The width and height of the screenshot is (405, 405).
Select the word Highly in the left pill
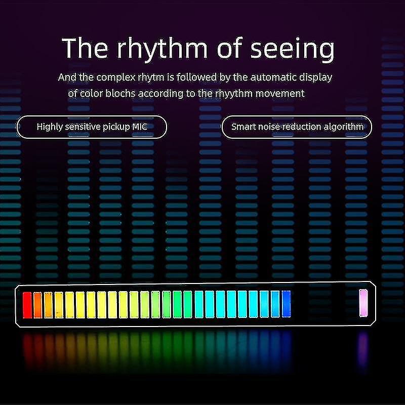[50, 127]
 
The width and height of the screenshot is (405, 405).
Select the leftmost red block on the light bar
[27, 305]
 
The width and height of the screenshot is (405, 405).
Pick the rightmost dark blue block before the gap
[287, 304]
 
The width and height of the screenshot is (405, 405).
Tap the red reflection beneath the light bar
[28, 349]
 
